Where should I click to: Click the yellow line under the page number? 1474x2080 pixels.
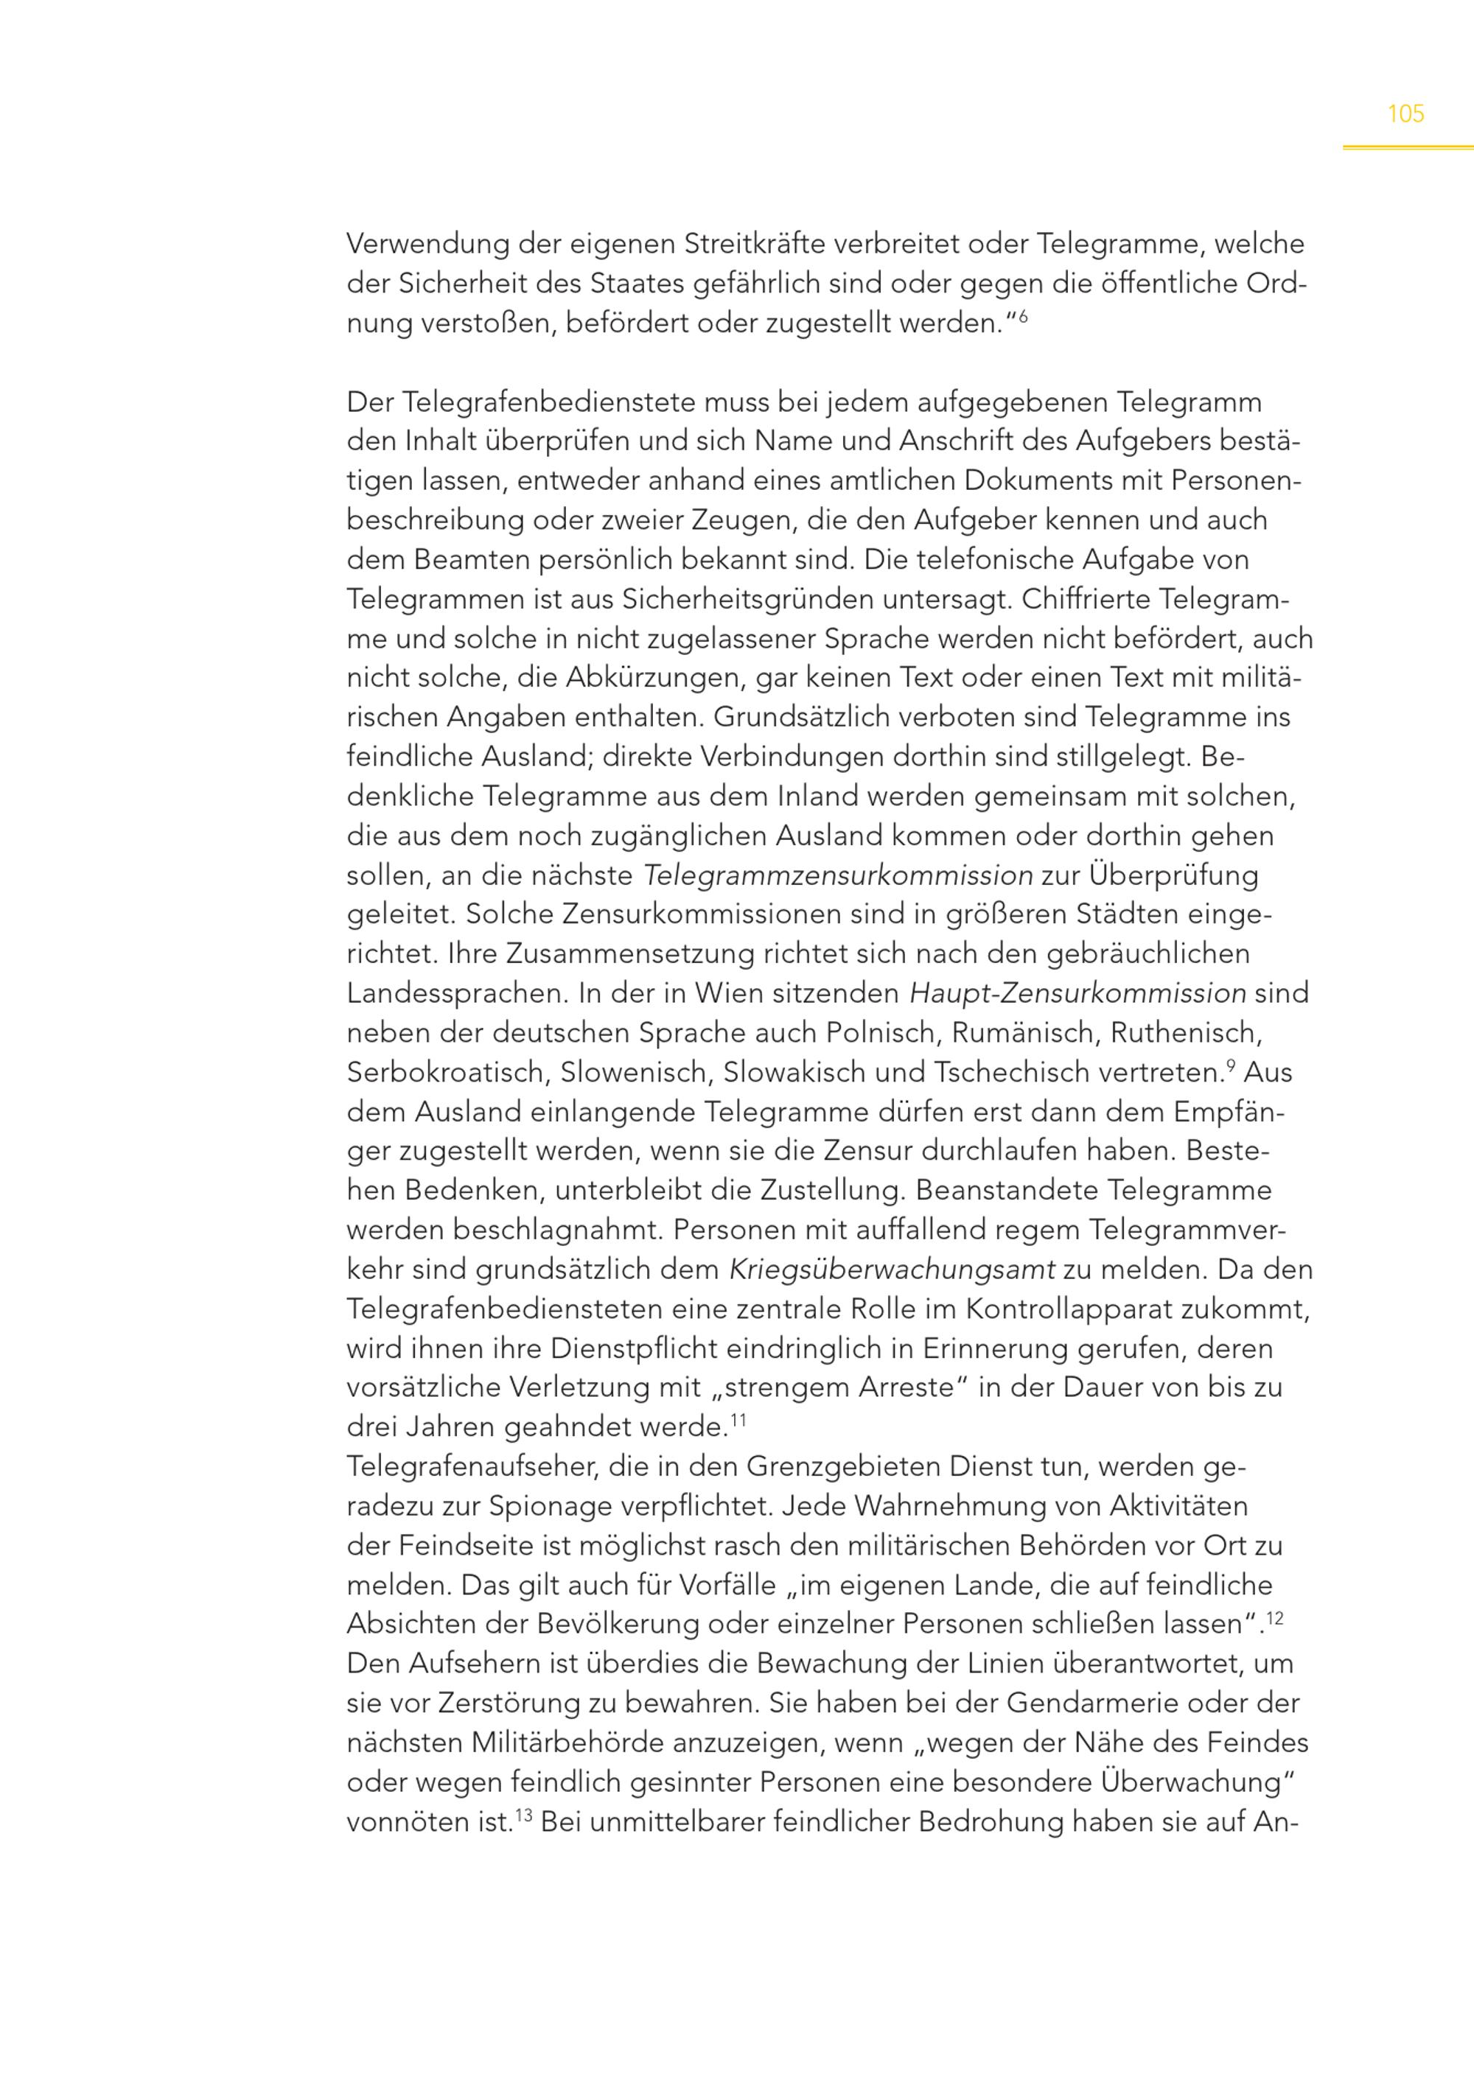[x=1408, y=147]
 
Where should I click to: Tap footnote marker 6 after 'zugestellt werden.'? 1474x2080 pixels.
[x=1023, y=317]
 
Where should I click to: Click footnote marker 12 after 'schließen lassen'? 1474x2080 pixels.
[x=1274, y=1617]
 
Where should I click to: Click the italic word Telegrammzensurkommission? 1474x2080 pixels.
[x=838, y=876]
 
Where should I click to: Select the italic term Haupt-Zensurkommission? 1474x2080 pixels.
[x=1077, y=994]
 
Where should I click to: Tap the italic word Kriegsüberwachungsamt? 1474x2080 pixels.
[x=893, y=1270]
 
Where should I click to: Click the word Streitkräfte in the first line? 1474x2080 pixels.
[x=754, y=245]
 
